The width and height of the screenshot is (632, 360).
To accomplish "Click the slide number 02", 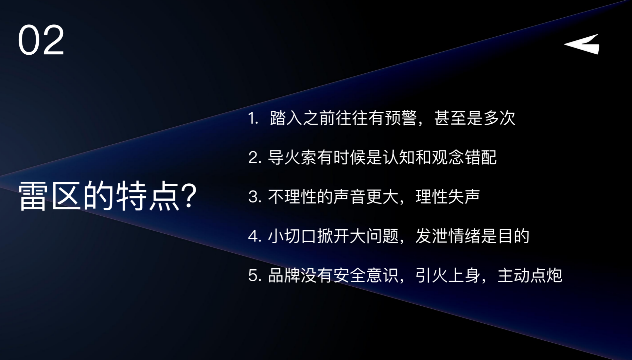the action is [41, 40].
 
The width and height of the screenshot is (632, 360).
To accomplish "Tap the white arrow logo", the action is [582, 44].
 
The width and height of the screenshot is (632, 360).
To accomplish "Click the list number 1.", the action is [253, 118].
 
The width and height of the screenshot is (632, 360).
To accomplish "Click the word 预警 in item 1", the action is [401, 118].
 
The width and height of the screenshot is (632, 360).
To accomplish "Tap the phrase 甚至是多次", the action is [475, 118].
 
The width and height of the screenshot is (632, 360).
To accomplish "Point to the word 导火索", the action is [293, 158].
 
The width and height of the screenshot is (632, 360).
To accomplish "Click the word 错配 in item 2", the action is [480, 158].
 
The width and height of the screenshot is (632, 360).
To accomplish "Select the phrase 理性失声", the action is [447, 197].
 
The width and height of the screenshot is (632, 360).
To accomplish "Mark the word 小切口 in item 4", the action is [293, 236].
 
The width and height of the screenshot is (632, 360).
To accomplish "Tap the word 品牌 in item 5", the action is [284, 275].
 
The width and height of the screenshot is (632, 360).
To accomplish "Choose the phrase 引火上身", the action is [447, 275].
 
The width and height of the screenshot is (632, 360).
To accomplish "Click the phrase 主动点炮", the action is [530, 275].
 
